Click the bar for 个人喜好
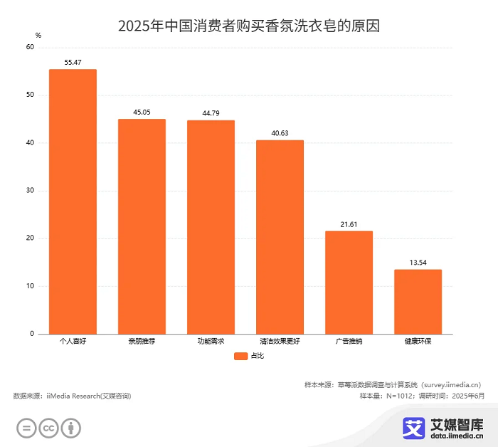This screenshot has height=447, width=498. tap(73, 201)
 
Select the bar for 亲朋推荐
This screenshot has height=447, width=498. tap(142, 226)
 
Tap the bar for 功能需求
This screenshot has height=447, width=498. tap(211, 227)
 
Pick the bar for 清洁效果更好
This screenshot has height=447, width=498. tap(280, 237)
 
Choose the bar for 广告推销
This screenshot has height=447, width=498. tap(349, 283)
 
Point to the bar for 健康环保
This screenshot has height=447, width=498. tap(418, 302)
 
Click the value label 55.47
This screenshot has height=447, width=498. tap(73, 63)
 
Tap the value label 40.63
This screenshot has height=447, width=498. tap(280, 133)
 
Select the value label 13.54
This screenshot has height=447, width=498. tap(418, 263)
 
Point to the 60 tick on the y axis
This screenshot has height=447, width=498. tap(30, 48)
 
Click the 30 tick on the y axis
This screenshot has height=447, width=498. tap(30, 191)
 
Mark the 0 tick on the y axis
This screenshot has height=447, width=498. tap(32, 334)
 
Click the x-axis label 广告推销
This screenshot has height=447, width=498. tap(349, 342)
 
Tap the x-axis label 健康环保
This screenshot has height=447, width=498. tap(418, 342)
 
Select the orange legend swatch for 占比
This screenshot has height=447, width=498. tap(240, 356)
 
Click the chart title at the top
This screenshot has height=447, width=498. tap(249, 26)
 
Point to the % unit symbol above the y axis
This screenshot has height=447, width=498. tap(38, 35)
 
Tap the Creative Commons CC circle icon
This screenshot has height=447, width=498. tap(48, 428)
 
